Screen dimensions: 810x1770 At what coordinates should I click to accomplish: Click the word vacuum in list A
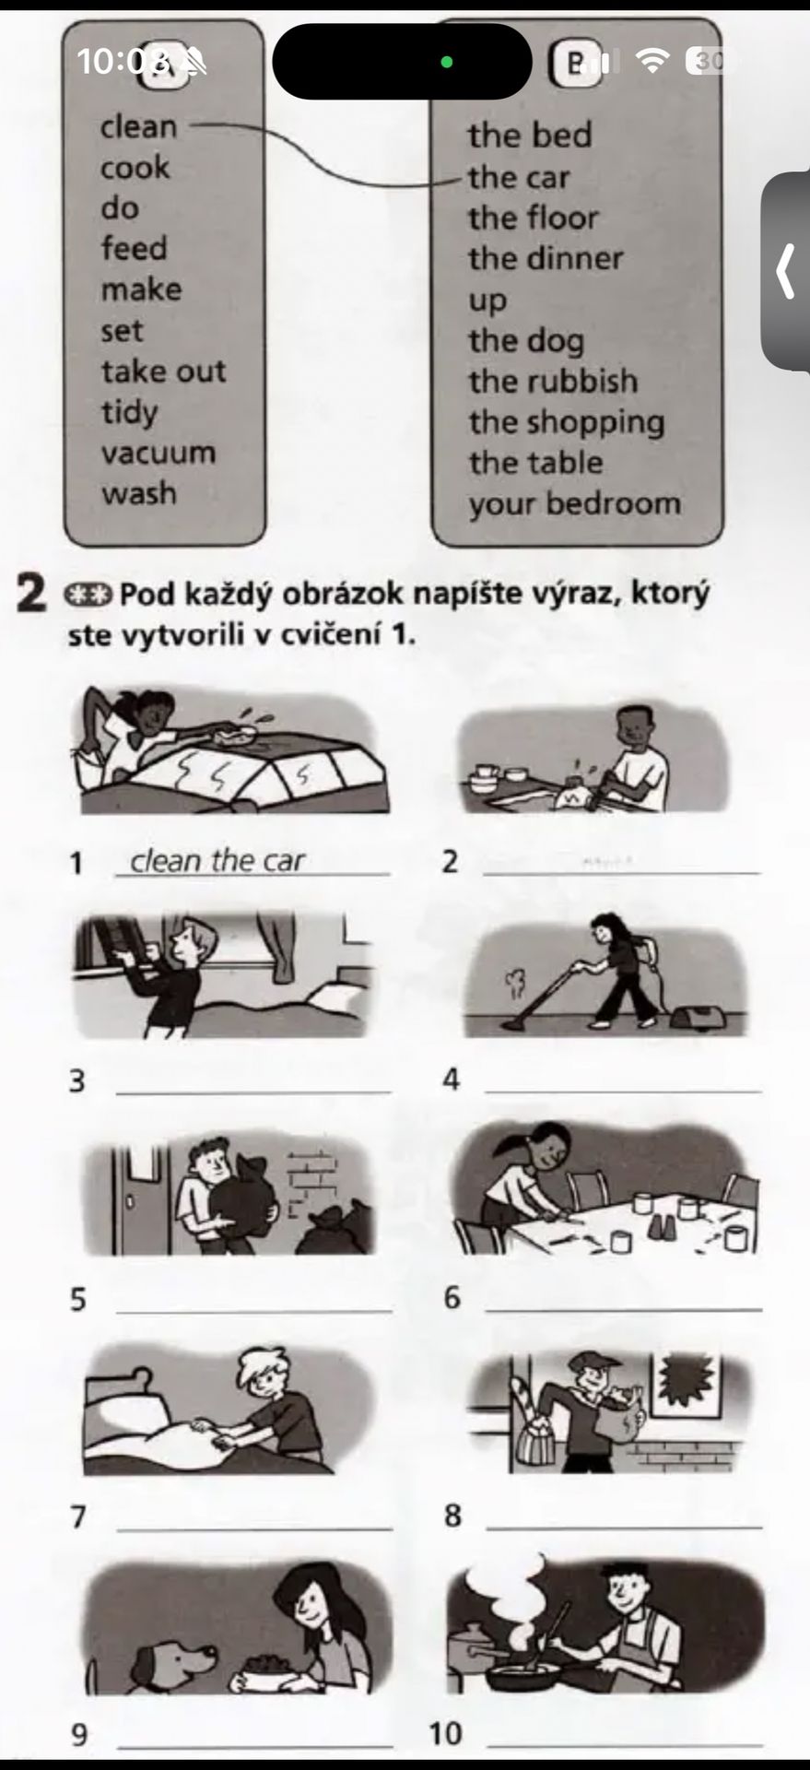(x=158, y=453)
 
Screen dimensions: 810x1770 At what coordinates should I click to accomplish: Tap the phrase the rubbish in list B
(x=552, y=381)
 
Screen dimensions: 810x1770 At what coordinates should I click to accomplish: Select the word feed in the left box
(x=134, y=248)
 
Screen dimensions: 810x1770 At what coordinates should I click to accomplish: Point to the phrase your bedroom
(x=574, y=504)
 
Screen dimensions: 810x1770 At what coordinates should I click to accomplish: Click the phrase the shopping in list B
(x=566, y=422)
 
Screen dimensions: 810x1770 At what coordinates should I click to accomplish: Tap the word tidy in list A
(x=129, y=412)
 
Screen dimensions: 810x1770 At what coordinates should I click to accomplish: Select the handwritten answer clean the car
(x=217, y=860)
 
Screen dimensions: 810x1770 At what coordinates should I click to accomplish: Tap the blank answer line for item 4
(x=623, y=1091)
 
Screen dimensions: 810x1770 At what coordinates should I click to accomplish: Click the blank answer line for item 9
(x=255, y=1745)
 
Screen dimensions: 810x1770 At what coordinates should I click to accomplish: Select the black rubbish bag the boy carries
(x=242, y=1197)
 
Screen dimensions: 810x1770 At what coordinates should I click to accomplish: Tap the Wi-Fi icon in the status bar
(x=653, y=61)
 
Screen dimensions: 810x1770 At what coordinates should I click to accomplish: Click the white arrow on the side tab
(x=785, y=271)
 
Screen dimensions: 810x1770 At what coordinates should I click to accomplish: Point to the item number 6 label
(x=452, y=1297)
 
